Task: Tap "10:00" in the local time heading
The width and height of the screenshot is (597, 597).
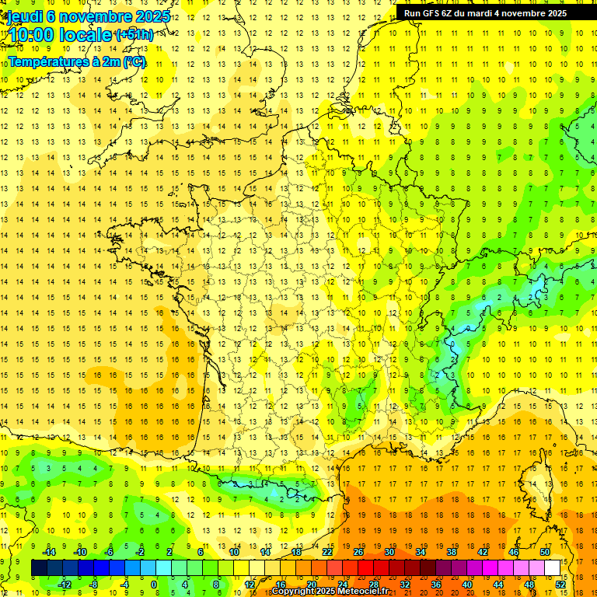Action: [30, 35]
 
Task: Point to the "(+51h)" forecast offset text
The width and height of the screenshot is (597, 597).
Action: [134, 35]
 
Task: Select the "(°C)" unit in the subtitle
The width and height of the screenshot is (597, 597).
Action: [134, 61]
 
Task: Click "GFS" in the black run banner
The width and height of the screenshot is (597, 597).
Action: [435, 13]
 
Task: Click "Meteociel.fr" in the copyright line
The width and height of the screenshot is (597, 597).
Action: [362, 592]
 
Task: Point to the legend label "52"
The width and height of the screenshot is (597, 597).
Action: [560, 585]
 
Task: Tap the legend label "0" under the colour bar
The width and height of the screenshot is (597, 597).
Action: [154, 585]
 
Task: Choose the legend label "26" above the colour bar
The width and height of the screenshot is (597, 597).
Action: [358, 552]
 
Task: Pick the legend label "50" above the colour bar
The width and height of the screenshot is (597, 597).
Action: [545, 552]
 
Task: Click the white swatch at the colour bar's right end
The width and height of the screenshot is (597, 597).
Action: [552, 568]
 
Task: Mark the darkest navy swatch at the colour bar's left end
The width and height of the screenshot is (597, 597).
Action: [39, 568]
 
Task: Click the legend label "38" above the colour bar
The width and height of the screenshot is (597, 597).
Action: [452, 552]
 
